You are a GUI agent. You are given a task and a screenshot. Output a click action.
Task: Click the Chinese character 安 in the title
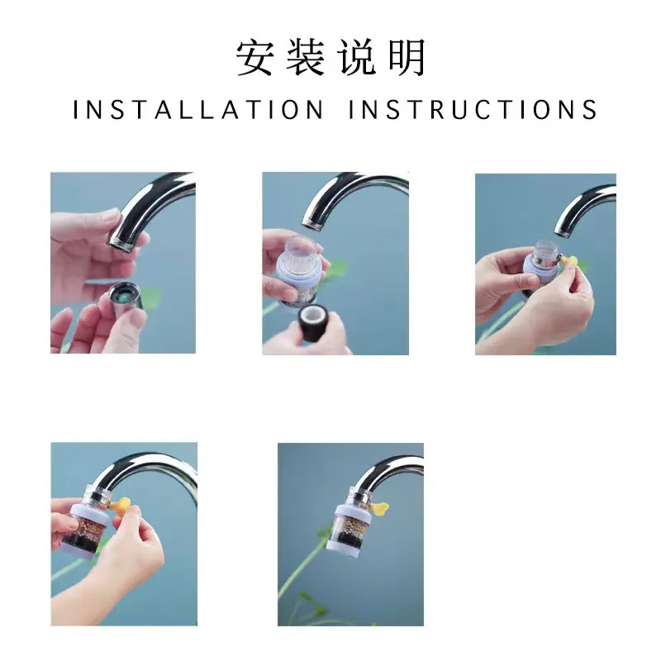pos(254,58)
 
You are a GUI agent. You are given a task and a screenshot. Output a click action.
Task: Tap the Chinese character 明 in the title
pos(407,58)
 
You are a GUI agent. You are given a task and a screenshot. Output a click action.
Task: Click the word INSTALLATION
pos(198,110)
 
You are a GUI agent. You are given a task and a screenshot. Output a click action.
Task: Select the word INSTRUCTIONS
pos(473,110)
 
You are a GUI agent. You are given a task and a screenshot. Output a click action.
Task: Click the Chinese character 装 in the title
pos(304,58)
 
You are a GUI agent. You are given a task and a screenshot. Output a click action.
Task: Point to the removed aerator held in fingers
pos(126,300)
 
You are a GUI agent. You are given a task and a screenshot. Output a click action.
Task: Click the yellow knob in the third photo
pos(568,261)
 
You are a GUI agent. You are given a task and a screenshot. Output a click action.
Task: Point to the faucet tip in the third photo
pos(564,231)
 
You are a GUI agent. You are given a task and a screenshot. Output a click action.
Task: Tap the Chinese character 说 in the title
pos(356,58)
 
